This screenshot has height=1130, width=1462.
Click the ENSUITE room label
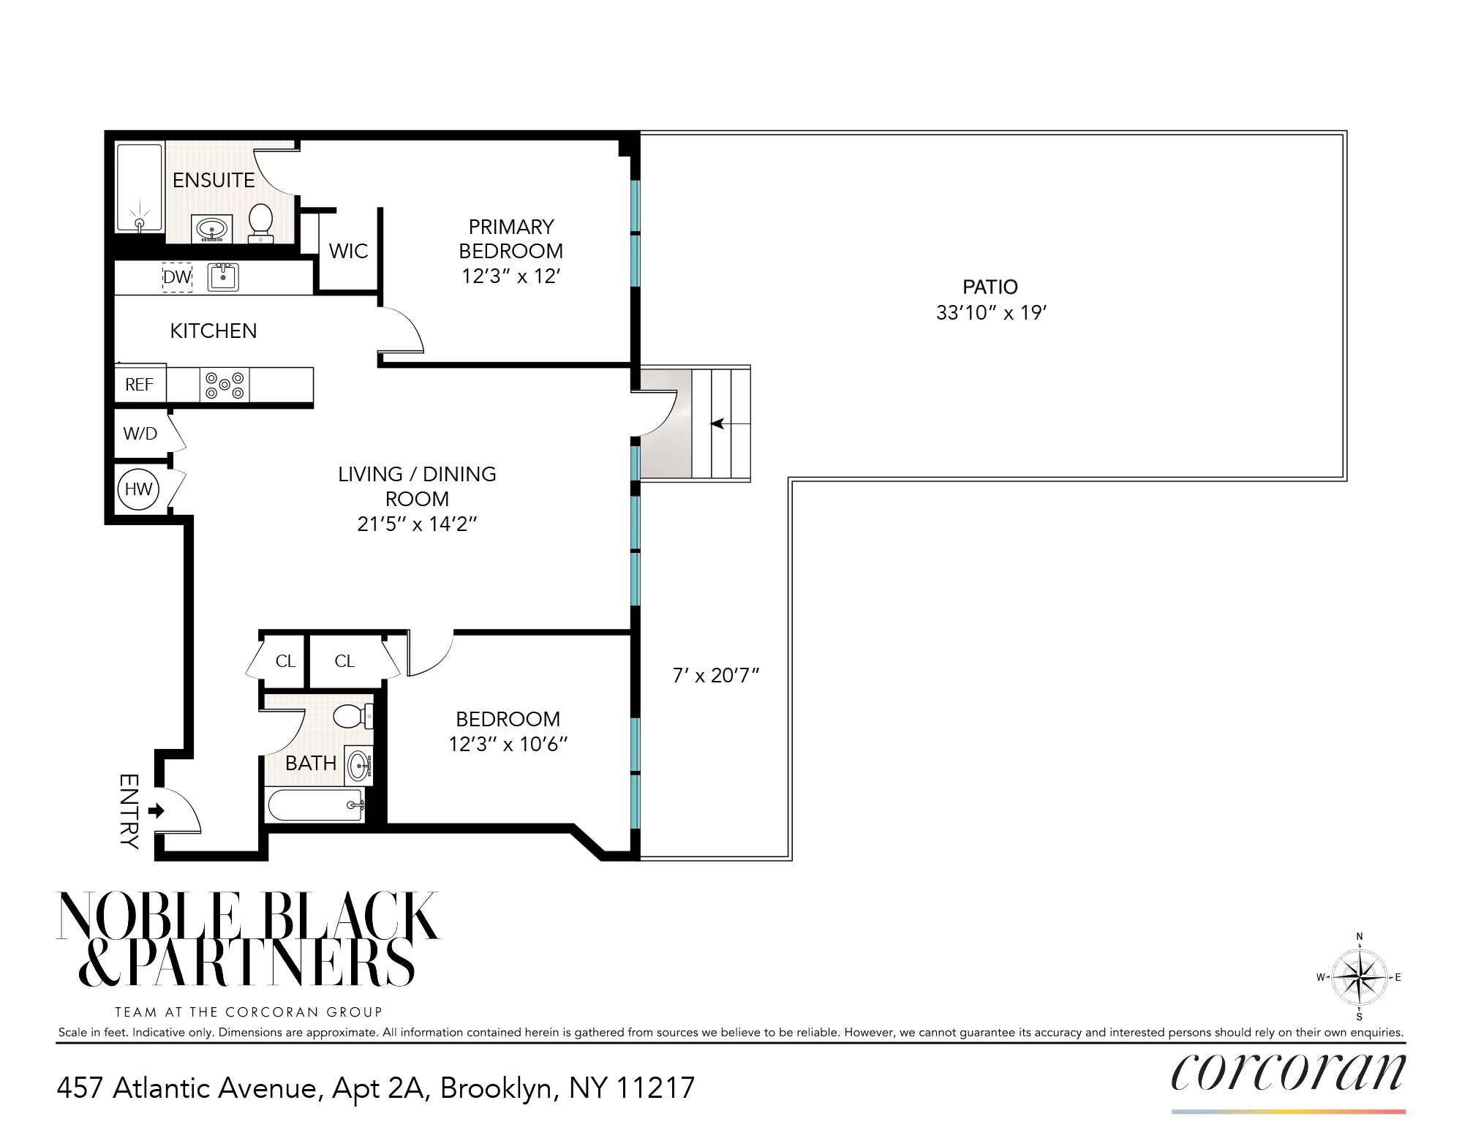click(214, 180)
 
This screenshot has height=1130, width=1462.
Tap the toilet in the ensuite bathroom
click(261, 221)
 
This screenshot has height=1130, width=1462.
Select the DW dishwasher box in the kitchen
click(177, 277)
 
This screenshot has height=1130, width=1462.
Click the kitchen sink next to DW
click(223, 277)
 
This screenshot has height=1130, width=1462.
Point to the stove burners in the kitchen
click(225, 385)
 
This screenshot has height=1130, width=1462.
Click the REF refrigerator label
click(139, 385)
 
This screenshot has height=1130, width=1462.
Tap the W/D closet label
click(140, 434)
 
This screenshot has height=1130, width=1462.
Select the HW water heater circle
click(138, 489)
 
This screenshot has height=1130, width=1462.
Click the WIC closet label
click(349, 251)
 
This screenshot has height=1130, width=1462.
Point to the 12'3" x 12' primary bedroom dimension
click(510, 276)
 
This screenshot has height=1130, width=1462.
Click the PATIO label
click(990, 287)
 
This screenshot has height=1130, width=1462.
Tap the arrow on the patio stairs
click(718, 423)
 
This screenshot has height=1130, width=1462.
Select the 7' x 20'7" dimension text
click(716, 675)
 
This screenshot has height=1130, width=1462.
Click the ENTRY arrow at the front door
click(156, 810)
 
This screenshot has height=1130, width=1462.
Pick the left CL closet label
click(285, 661)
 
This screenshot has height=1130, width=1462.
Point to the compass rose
click(1359, 977)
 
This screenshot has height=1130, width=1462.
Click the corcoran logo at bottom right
click(1288, 1073)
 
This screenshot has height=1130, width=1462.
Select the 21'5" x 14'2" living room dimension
click(417, 524)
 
